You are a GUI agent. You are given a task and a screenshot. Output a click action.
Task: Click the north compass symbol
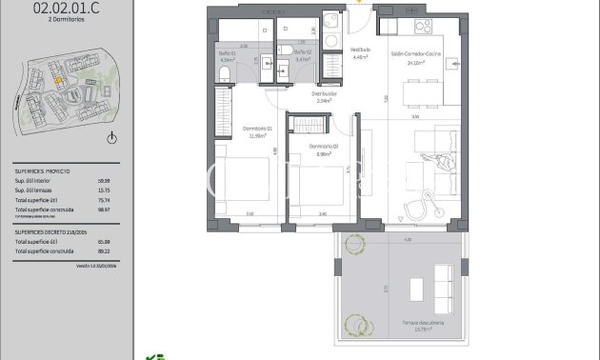coord(111,139)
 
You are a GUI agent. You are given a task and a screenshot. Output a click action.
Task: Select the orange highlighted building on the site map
coord(57,82)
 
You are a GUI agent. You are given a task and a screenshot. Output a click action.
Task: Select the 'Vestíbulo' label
coord(360,50)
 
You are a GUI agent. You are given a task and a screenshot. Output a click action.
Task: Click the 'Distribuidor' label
coord(326,93)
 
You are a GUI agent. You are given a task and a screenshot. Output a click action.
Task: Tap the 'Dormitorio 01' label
coord(257,129)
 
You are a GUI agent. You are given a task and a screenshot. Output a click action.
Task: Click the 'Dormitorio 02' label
coord(323,146)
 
